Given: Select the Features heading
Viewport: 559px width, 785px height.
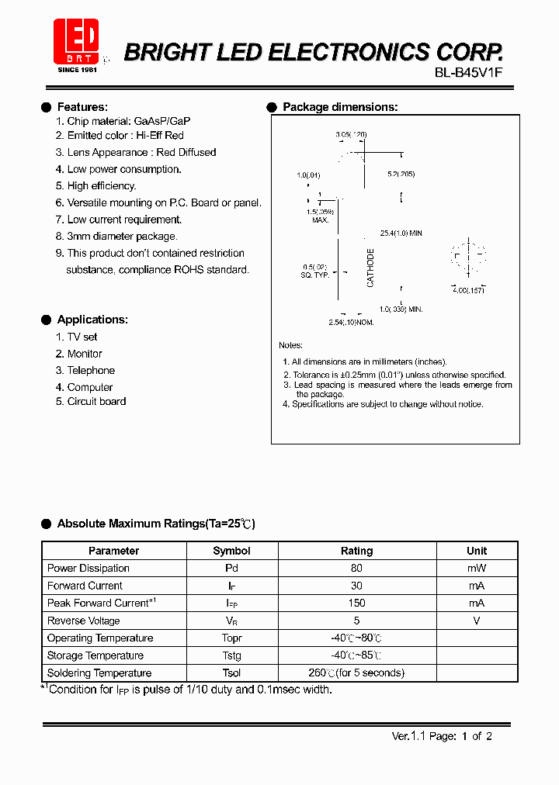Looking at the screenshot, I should coord(82,107).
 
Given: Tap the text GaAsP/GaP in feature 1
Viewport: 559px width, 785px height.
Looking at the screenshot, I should coord(162,122).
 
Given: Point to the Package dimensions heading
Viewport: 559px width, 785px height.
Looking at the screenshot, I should coord(340,107).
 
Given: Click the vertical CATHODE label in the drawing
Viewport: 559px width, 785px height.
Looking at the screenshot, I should coord(370,268).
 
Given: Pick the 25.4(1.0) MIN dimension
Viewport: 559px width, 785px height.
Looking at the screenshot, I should coord(401,233).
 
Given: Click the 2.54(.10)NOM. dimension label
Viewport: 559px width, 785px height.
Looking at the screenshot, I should coord(351,322).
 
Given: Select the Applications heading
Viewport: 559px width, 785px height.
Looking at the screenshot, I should coord(92,320).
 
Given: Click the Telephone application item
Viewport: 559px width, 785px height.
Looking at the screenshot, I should coord(91,371).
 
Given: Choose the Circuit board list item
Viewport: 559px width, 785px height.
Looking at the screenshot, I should coord(96,402).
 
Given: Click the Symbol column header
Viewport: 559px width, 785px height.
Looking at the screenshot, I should coord(231,551).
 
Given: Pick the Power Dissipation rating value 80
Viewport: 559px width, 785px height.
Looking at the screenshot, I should coord(356,569).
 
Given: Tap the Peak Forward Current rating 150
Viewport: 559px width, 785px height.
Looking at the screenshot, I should coord(356,603).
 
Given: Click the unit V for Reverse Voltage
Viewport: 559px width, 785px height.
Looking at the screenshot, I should coord(477,621).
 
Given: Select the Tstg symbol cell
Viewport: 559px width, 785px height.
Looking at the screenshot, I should coord(231,655).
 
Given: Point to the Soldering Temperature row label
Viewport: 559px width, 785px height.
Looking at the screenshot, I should coord(99,673).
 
